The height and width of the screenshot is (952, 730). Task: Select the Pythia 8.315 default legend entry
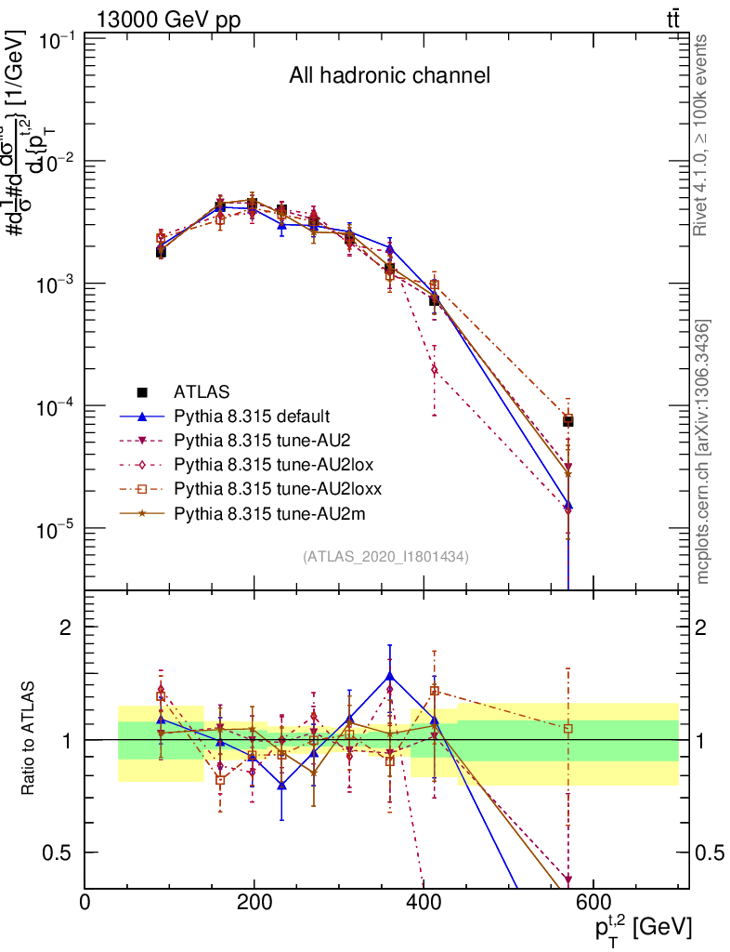point(252,416)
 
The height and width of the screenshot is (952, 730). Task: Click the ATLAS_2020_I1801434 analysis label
point(385,557)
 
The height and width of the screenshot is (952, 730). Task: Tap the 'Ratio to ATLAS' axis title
point(31,739)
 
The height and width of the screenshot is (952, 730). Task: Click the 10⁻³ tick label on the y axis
point(56,284)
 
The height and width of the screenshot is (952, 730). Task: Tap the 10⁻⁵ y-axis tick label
point(56,529)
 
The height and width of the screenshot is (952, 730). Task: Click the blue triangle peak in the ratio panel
point(390,676)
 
